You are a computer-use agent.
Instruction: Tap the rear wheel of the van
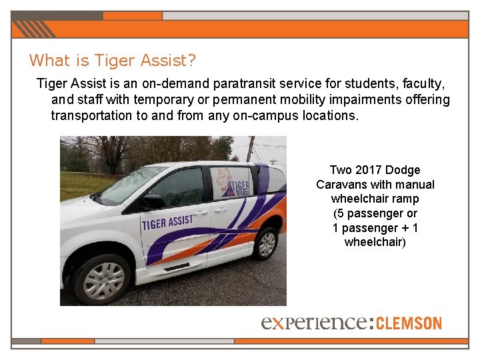point(265,243)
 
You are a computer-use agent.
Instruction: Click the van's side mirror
point(154,201)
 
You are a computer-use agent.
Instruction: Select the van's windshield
point(131,184)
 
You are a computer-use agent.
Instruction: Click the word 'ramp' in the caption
point(405,199)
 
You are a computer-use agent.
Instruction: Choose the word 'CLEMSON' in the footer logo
point(409,323)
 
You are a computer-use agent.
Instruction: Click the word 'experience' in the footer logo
point(313,323)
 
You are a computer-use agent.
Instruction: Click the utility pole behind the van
point(250,148)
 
